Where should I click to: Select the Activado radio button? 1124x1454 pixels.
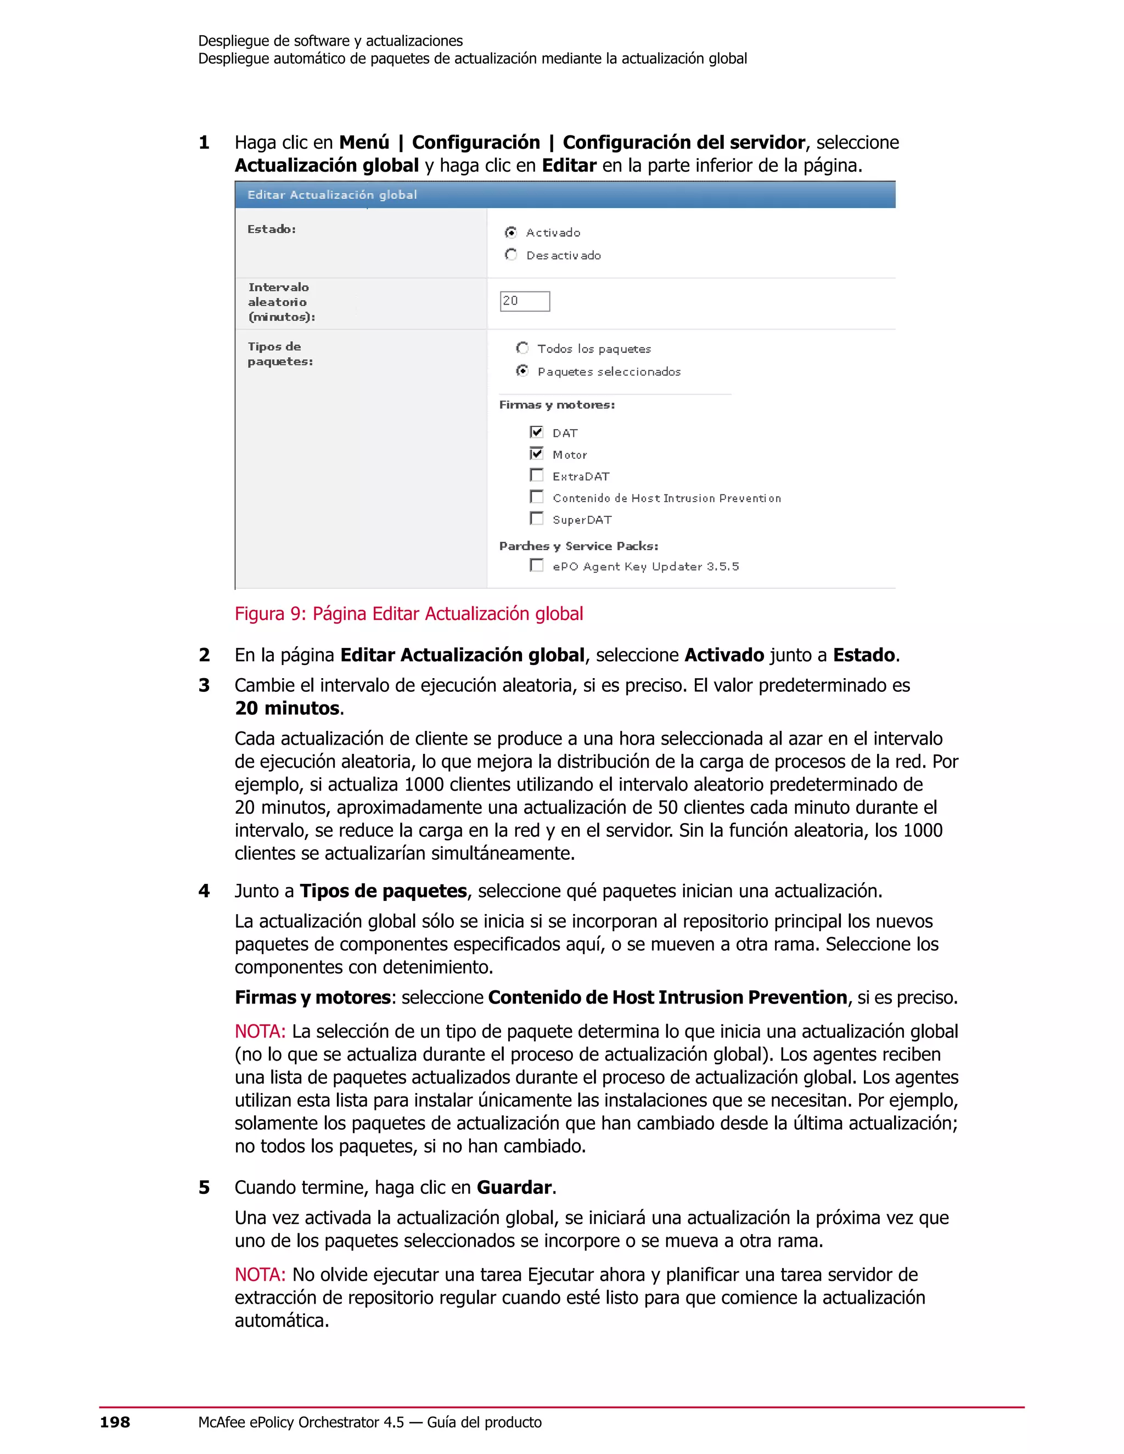pyautogui.click(x=511, y=232)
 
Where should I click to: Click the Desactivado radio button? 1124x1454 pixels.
pyautogui.click(x=511, y=255)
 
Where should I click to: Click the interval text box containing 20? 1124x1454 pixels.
pyautogui.click(x=525, y=301)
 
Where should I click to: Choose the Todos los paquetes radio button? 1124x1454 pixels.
pyautogui.click(x=522, y=348)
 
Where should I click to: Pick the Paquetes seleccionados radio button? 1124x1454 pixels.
pyautogui.click(x=522, y=371)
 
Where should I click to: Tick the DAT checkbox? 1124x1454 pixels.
pyautogui.click(x=536, y=432)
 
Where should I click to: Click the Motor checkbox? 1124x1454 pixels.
pyautogui.click(x=536, y=454)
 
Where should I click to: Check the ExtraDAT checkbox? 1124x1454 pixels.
pyautogui.click(x=536, y=475)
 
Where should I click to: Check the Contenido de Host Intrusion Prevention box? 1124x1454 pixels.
pyautogui.click(x=536, y=497)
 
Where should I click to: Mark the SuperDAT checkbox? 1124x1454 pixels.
pyautogui.click(x=536, y=519)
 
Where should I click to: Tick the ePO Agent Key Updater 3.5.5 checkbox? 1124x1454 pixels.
pyautogui.click(x=536, y=565)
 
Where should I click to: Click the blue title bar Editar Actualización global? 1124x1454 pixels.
pyautogui.click(x=565, y=194)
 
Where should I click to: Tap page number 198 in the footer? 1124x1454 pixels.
pyautogui.click(x=115, y=1423)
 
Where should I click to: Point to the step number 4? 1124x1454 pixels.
pyautogui.click(x=204, y=891)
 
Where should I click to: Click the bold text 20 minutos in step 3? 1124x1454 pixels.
pyautogui.click(x=288, y=708)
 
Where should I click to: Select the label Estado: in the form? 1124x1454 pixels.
pyautogui.click(x=272, y=229)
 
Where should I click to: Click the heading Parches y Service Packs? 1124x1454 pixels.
pyautogui.click(x=578, y=546)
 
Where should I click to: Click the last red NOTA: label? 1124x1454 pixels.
pyautogui.click(x=260, y=1274)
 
